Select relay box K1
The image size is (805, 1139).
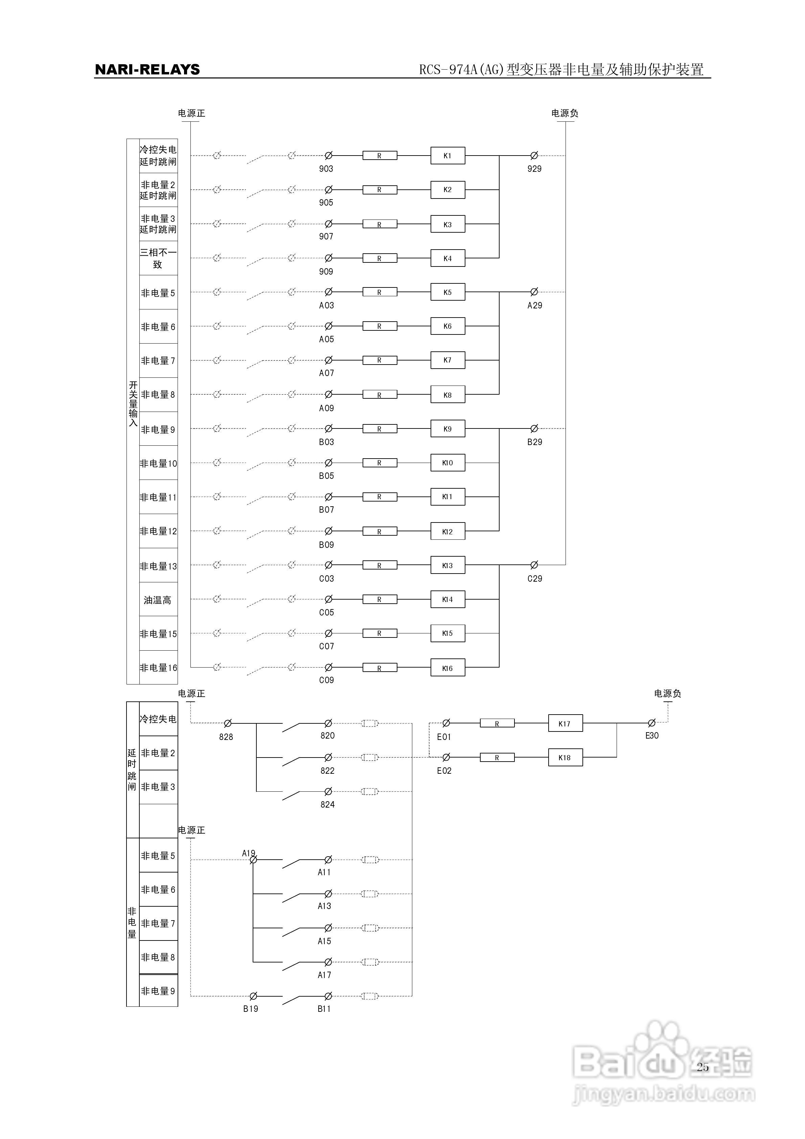point(447,156)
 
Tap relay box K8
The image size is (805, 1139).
point(447,395)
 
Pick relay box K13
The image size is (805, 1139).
point(447,565)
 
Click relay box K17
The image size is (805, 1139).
point(565,724)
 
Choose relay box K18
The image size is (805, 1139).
point(565,758)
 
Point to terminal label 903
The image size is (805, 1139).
point(326,169)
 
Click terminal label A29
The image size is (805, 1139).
point(534,306)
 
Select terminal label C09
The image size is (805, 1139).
point(326,680)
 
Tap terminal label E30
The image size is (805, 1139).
point(652,736)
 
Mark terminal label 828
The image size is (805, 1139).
point(226,737)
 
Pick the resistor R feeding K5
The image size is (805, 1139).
point(380,292)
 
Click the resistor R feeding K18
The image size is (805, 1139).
point(497,758)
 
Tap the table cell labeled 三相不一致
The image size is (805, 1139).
point(158,258)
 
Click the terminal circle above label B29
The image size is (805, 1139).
point(534,428)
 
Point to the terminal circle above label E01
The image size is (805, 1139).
point(446,723)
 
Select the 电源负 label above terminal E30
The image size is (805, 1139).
point(668,694)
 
